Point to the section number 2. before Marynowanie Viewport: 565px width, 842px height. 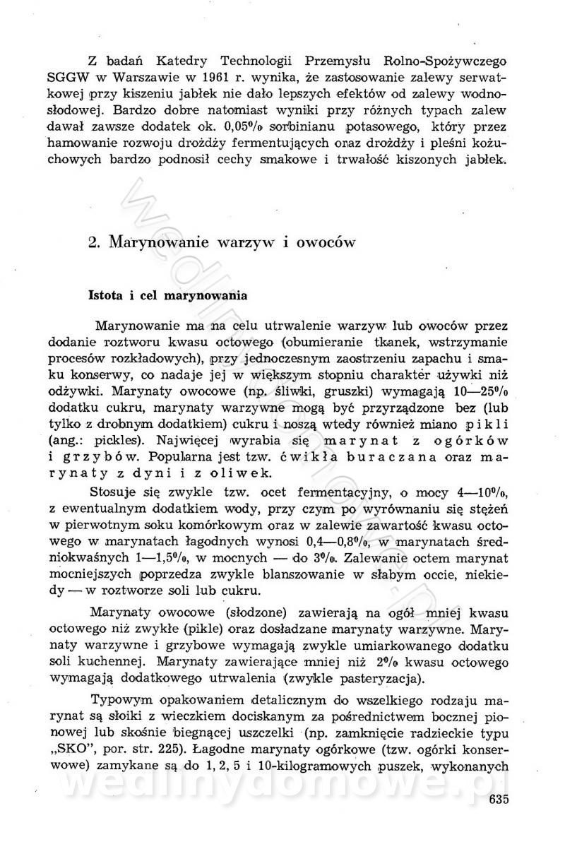tap(95, 242)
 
